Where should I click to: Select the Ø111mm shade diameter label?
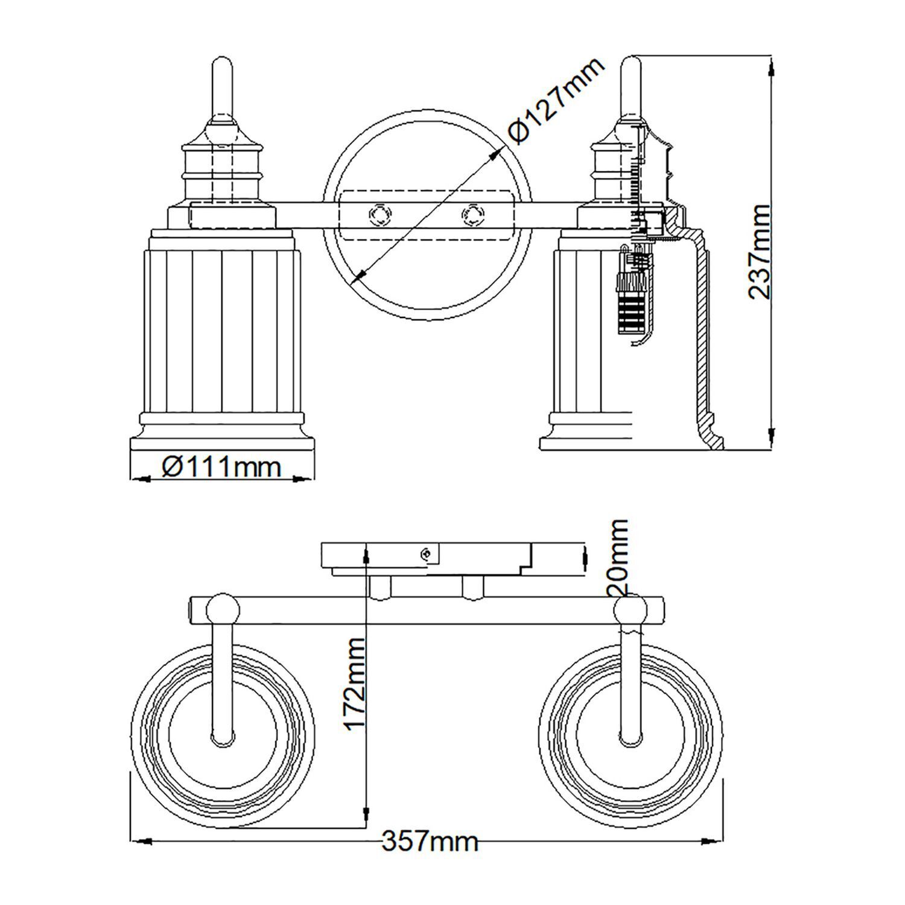click(x=221, y=466)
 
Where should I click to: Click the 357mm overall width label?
click(x=430, y=840)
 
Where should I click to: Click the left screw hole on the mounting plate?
click(x=381, y=215)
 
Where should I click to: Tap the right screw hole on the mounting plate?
click(x=472, y=215)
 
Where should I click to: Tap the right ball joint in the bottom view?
click(x=631, y=611)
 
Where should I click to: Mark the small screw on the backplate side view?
click(x=427, y=553)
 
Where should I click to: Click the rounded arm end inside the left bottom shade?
click(x=222, y=737)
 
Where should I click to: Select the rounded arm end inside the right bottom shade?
click(x=631, y=737)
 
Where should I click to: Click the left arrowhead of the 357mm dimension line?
click(x=141, y=840)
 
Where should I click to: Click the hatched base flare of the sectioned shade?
click(x=710, y=434)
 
